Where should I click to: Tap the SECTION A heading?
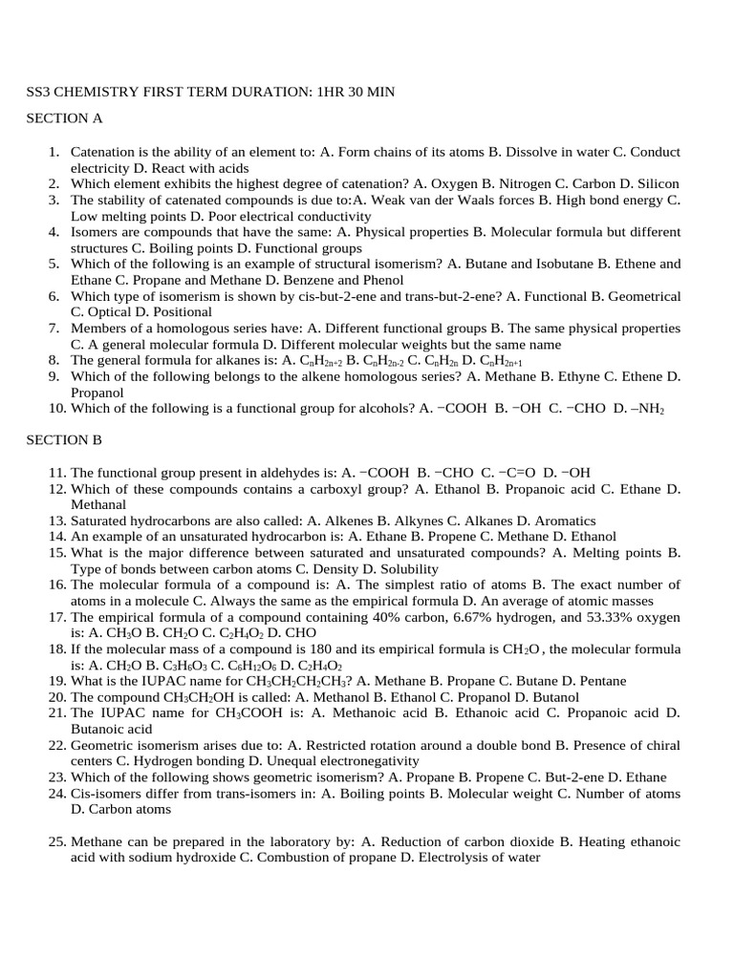[x=64, y=119]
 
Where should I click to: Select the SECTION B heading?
[x=64, y=439]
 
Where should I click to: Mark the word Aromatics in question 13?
[x=563, y=521]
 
